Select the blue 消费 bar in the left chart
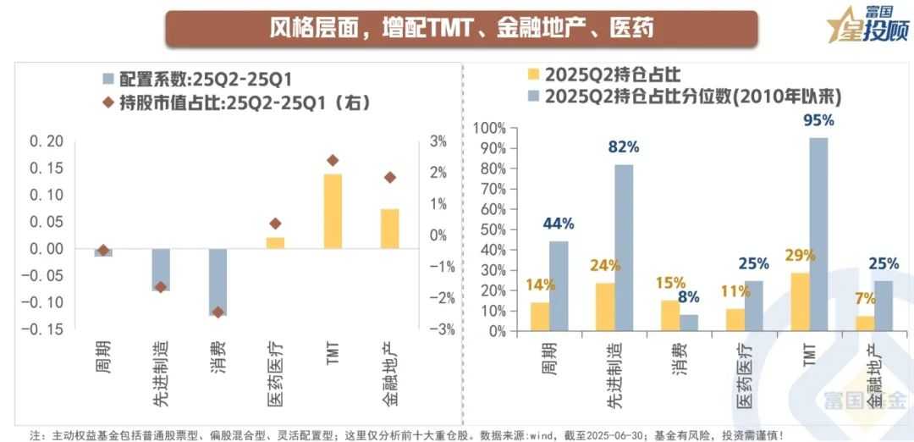[217, 282]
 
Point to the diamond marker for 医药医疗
[275, 224]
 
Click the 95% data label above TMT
[818, 121]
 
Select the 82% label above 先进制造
[624, 147]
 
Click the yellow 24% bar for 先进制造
[605, 307]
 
